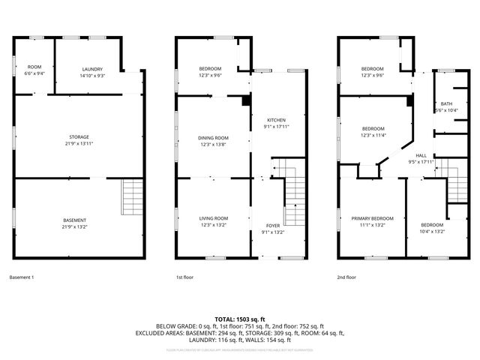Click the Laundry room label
tap(92, 69)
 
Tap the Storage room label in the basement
tap(80, 136)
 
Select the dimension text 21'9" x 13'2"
tap(80, 225)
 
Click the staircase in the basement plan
tap(131, 196)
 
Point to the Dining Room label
tap(213, 138)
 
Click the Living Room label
tap(213, 218)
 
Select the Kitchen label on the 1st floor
tap(277, 120)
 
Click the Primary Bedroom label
tap(372, 218)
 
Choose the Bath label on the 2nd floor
tap(446, 103)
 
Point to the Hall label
tap(421, 155)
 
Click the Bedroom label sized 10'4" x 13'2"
tap(431, 225)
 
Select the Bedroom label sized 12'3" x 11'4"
tap(373, 128)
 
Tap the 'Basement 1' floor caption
tap(22, 277)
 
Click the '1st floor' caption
tap(185, 277)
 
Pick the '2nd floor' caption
tap(346, 277)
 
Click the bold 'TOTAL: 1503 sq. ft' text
tap(239, 319)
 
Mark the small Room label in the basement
tap(35, 67)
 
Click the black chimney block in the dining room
tap(246, 100)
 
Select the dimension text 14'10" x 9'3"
tap(92, 76)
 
